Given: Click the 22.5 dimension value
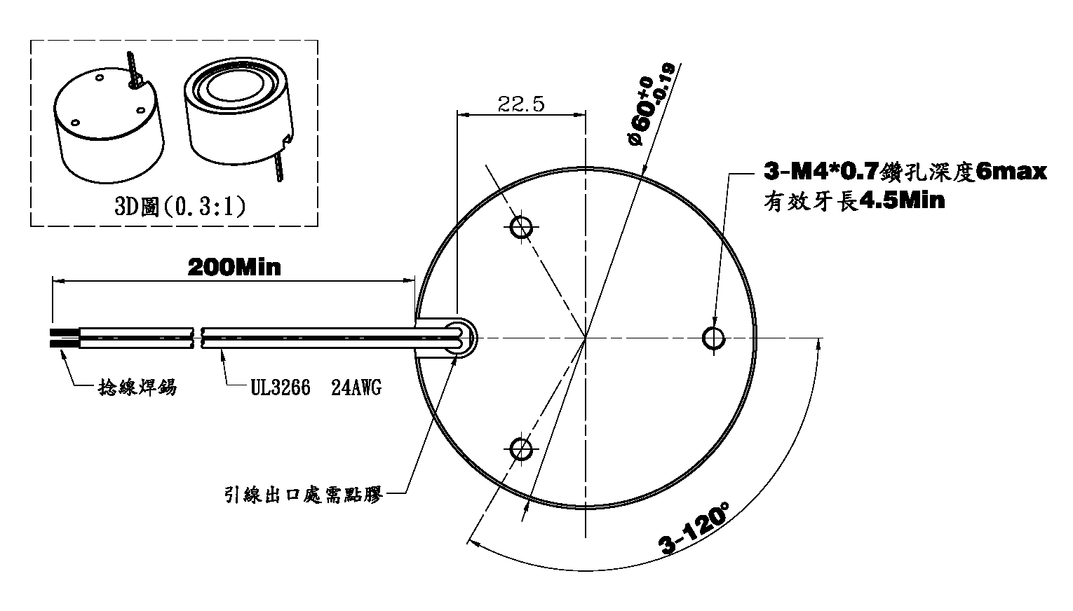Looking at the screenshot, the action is [521, 104].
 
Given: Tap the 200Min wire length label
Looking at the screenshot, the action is [234, 267].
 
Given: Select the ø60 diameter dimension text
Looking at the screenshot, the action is [650, 105].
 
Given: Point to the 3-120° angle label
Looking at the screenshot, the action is [694, 528].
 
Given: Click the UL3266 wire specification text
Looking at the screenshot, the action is [281, 387].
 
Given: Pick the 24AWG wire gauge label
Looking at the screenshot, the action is [356, 387].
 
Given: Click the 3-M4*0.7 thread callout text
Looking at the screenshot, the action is [821, 171].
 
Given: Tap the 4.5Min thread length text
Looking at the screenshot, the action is [901, 201].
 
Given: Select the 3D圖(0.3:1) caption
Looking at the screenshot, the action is [180, 207].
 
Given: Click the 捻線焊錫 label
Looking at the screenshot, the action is [137, 387].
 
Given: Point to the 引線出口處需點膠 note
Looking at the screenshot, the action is [304, 494].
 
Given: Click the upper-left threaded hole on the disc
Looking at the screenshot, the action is [521, 227].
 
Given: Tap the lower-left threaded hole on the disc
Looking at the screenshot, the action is [520, 449].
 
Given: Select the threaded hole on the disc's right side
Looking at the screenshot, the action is [714, 338].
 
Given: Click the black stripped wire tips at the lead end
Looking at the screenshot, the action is [64, 338].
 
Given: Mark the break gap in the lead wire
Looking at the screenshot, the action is [197, 338].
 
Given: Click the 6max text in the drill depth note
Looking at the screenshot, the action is [1011, 171].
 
